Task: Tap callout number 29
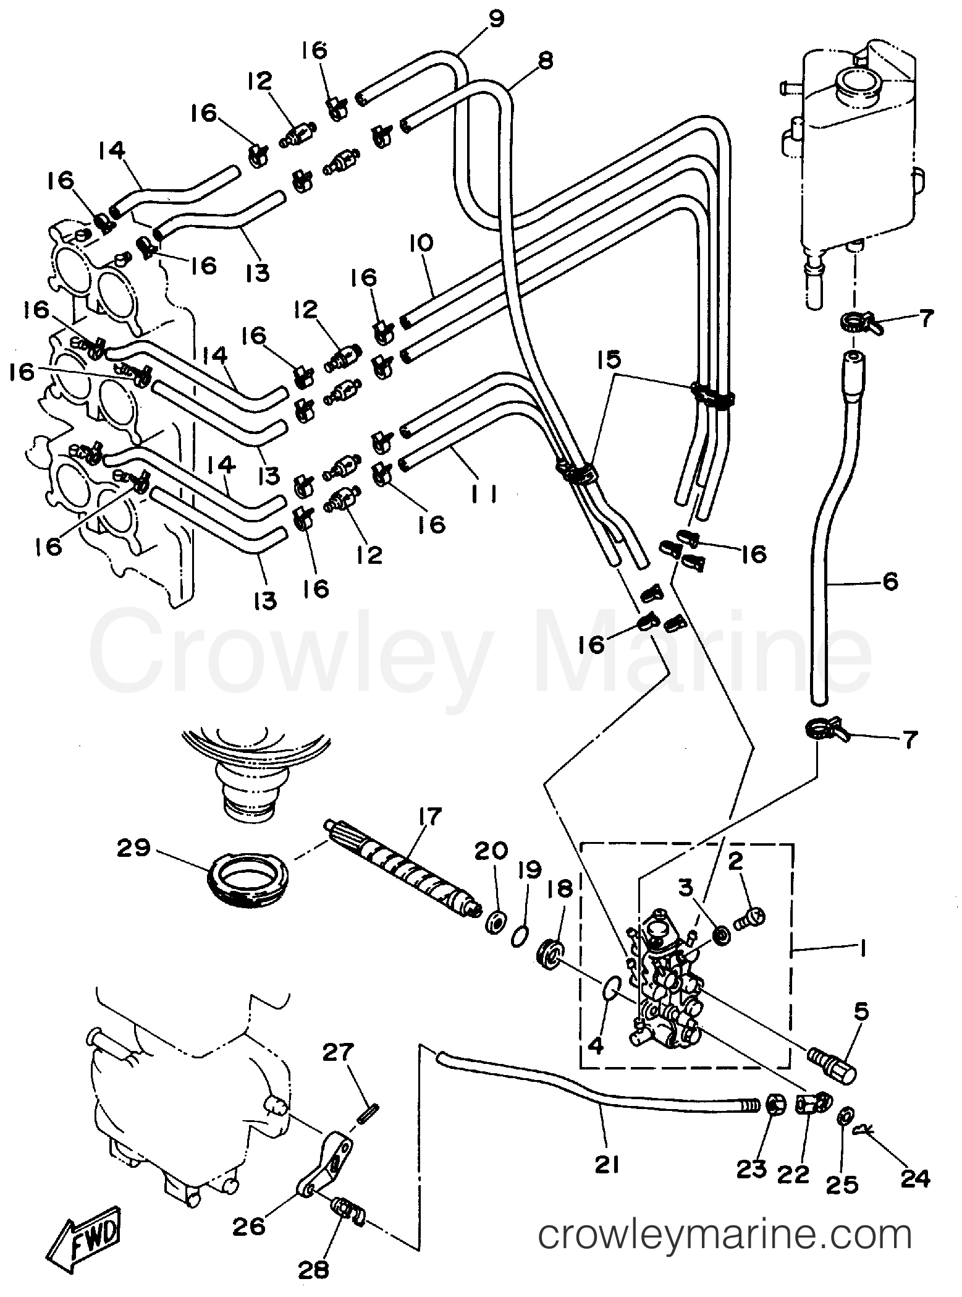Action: (x=134, y=849)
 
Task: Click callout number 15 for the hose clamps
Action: (x=612, y=360)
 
